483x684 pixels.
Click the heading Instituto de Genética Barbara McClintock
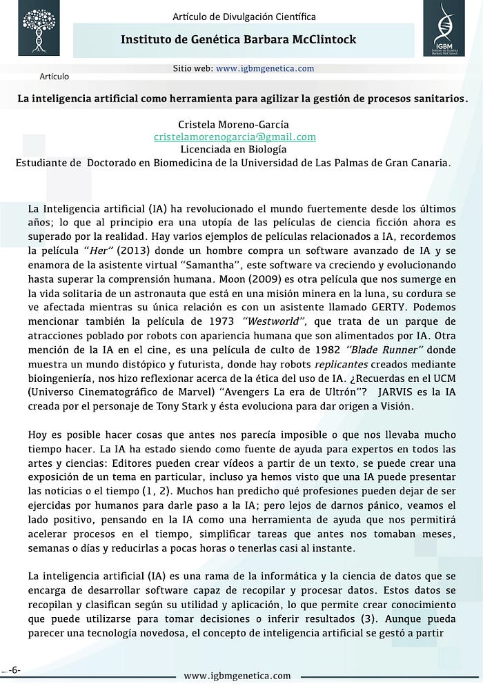pos(239,39)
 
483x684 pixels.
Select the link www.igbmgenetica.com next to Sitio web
pos(265,68)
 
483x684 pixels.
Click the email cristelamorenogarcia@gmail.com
pos(235,137)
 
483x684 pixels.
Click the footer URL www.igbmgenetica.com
pos(237,676)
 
